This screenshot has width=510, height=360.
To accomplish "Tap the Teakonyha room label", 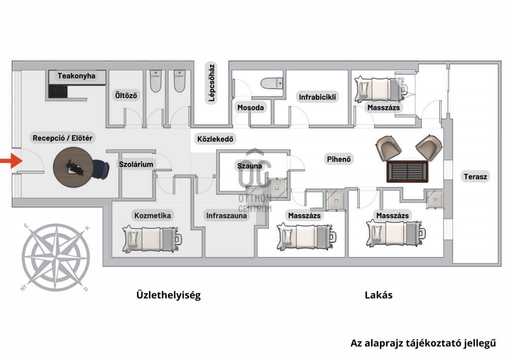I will click(76, 76).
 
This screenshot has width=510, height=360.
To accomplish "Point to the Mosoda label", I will click(251, 107).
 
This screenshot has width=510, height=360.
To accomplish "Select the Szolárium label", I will click(136, 164).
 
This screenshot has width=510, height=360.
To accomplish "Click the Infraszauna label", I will click(227, 216).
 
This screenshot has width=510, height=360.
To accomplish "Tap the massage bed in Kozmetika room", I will click(151, 238).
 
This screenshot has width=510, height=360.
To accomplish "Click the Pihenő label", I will click(339, 159).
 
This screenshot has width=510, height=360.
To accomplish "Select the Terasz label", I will click(476, 176).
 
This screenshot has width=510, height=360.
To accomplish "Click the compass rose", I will click(56, 258).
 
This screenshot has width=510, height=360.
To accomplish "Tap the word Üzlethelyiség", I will click(168, 295).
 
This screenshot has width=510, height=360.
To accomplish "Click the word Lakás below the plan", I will click(379, 295).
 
